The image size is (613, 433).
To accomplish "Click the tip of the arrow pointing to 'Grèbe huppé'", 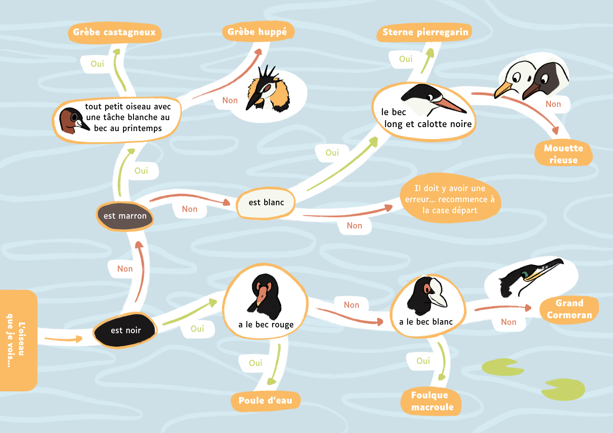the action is coord(261,49).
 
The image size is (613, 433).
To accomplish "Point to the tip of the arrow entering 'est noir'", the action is coord(83,339).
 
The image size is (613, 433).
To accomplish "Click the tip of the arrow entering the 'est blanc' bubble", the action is coord(230,203).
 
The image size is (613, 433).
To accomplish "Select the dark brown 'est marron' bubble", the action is coord(125,216).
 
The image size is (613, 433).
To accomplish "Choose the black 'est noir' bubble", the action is coord(125,330).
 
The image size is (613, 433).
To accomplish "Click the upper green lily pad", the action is coord(503,367).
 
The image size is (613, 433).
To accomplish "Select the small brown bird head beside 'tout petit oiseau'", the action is coord(73,120).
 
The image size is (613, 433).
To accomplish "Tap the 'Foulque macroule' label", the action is coord(432,401).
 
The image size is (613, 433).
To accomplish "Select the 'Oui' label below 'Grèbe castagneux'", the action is coord(97,64).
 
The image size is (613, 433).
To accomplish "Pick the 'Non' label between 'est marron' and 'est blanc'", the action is coord(189,209).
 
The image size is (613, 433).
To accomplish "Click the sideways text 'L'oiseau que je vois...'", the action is coord(15,340).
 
